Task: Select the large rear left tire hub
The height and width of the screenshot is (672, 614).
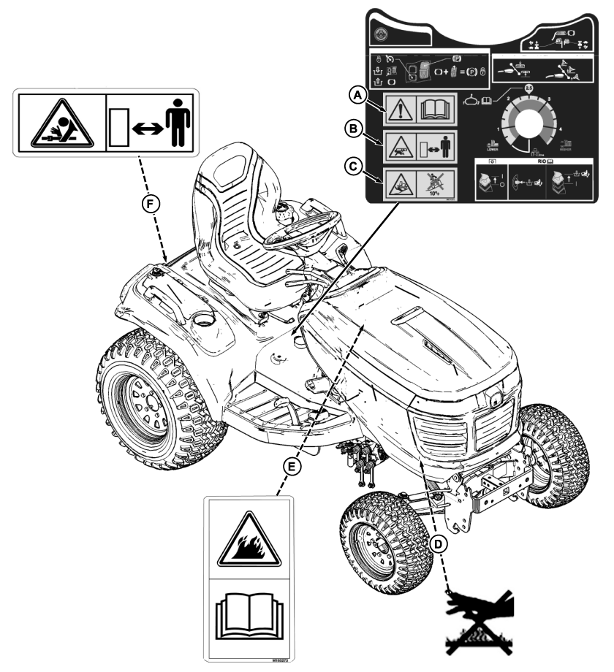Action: point(138,402)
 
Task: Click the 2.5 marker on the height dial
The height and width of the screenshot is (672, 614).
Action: point(529,88)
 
